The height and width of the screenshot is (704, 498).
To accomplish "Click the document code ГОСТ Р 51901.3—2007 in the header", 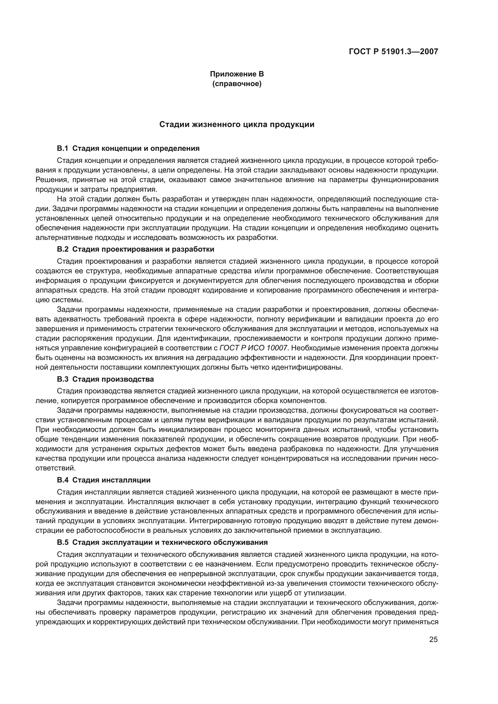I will pyautogui.click(x=393, y=51).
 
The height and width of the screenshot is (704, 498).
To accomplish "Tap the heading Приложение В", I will pyautogui.click(x=237, y=74).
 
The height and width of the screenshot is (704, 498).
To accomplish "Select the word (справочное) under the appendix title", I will pyautogui.click(x=237, y=84).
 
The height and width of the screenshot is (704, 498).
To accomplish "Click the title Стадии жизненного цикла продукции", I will pyautogui.click(x=237, y=125).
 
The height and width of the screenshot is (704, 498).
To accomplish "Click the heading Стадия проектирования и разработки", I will pyautogui.click(x=143, y=249).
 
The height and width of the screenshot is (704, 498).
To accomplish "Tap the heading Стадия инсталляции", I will pyautogui.click(x=111, y=480).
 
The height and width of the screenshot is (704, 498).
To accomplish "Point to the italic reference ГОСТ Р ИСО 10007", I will pyautogui.click(x=253, y=348).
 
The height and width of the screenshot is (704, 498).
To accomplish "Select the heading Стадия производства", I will pyautogui.click(x=113, y=379).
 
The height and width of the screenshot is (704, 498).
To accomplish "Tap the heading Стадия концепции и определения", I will pyautogui.click(x=136, y=149).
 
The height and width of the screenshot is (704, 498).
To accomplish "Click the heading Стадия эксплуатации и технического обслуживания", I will pyautogui.click(x=170, y=542).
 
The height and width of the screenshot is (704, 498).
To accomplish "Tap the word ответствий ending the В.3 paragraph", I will pyautogui.click(x=55, y=468).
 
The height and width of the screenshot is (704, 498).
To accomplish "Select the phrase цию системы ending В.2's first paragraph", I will pyautogui.click(x=59, y=300).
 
